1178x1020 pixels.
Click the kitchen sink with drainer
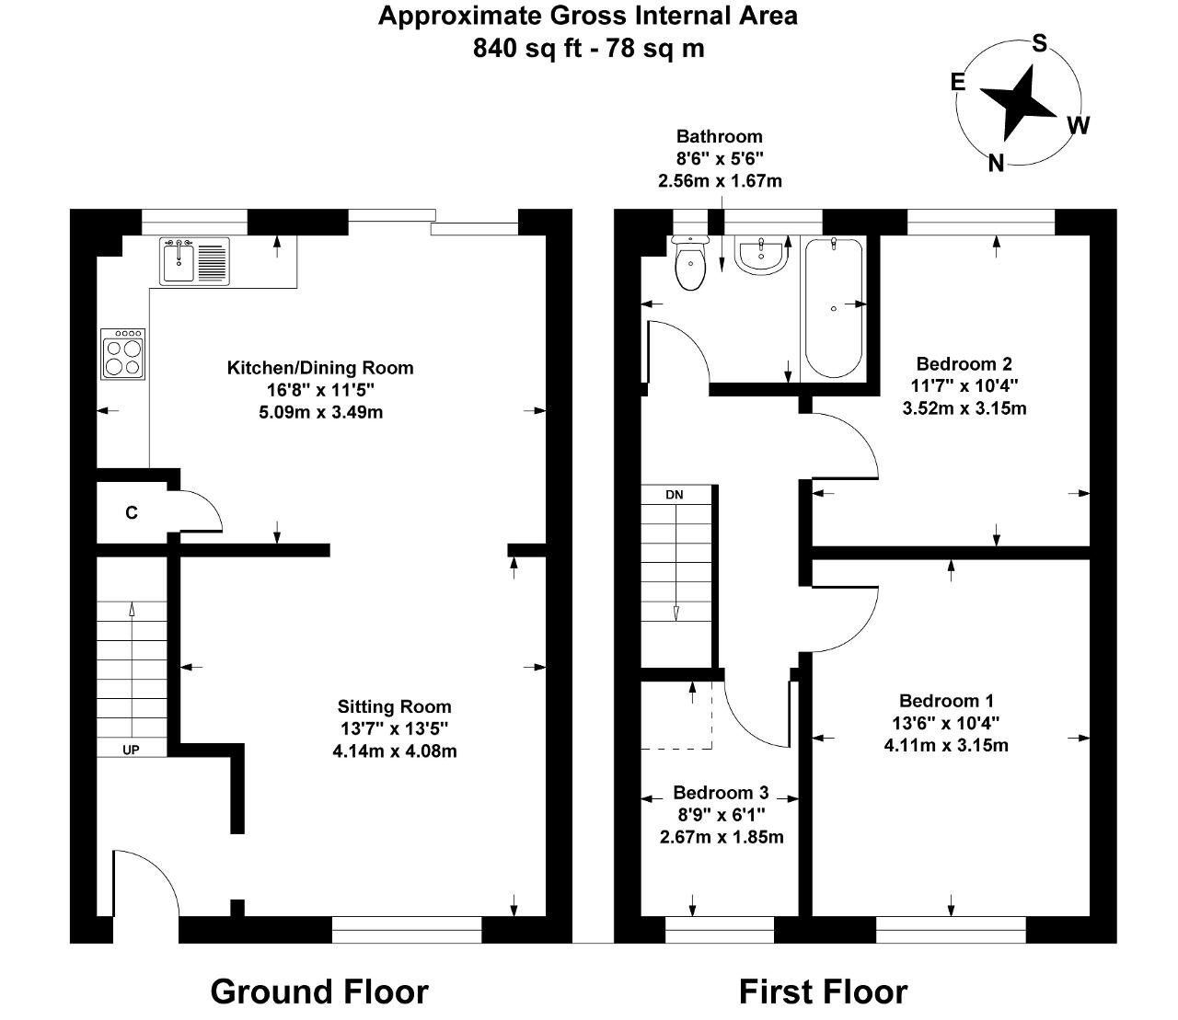pos(194,261)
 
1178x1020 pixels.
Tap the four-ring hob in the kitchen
pos(123,354)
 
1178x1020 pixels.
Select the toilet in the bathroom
pos(690,262)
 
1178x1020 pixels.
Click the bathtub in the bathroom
pos(833,308)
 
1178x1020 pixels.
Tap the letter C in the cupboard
pos(131,513)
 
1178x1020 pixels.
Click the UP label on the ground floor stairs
pos(131,750)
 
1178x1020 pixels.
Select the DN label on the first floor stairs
pos(675,495)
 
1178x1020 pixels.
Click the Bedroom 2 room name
pos(964,363)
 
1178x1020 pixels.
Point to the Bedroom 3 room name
pos(721,792)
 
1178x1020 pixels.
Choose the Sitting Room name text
pos(395,706)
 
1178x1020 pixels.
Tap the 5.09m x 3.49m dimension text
pos(321,412)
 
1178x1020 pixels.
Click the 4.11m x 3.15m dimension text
pos(946,745)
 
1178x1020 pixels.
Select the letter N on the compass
pos(996,164)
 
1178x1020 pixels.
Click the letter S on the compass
pos(1040,43)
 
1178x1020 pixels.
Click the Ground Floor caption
pos(319,991)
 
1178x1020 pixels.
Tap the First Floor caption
pos(823,991)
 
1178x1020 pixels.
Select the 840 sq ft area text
pos(527,49)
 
